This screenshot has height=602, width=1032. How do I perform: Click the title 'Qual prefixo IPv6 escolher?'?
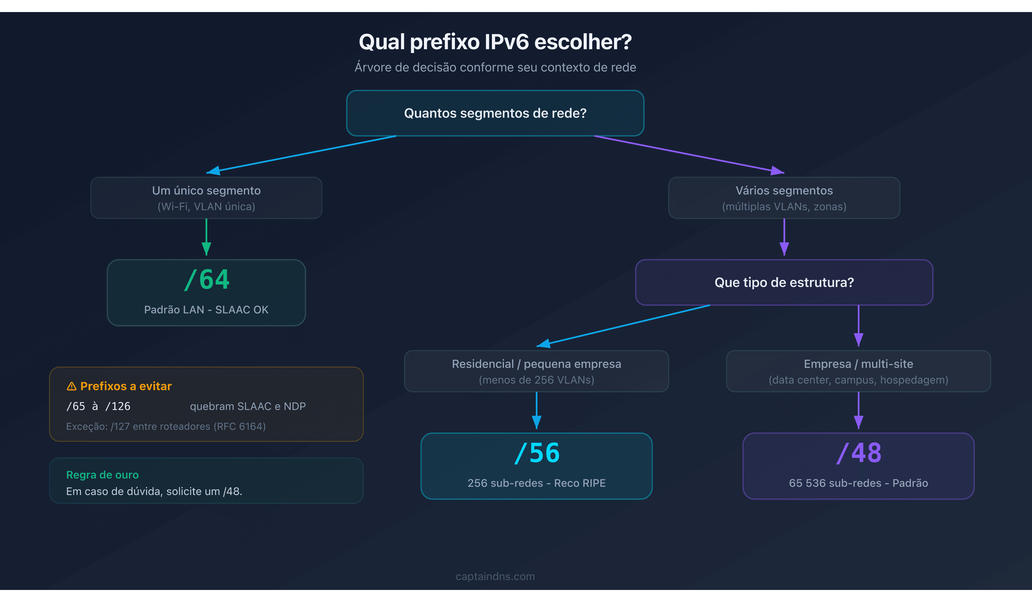point(495,42)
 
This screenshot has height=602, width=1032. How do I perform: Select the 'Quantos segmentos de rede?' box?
point(495,113)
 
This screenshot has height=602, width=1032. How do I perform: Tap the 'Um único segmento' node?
point(206,198)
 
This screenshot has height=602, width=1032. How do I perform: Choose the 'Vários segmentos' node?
point(784,198)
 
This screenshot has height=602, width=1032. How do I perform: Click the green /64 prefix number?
point(207,280)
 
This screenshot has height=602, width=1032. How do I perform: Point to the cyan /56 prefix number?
point(536,453)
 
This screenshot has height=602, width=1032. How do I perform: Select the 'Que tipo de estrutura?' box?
point(784,282)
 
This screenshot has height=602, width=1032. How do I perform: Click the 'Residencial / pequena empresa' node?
point(536,371)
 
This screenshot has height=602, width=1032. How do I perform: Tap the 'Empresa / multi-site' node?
point(858,371)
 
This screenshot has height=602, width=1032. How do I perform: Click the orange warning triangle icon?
point(72,386)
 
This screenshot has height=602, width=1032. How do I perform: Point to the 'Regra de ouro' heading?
point(102,475)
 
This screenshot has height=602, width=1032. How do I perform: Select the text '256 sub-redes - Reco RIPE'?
point(536,483)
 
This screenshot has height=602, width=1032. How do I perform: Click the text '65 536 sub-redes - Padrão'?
point(858,483)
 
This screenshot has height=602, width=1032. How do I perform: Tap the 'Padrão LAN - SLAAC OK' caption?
point(206,310)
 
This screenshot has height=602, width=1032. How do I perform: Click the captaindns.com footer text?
point(495,576)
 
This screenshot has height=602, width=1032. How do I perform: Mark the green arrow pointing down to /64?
point(206,238)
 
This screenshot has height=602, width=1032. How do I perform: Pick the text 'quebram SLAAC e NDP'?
point(248,406)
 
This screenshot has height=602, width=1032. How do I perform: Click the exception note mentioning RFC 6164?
point(166,426)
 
